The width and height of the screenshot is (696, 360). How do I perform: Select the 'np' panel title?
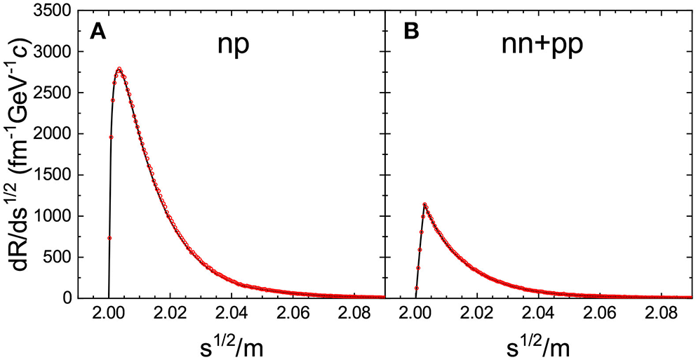coord(234,47)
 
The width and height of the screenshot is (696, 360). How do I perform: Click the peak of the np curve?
coord(119,69)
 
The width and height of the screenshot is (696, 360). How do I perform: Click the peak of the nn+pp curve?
coord(424,204)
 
